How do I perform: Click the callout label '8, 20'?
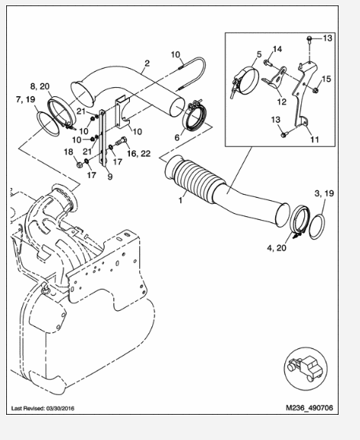click(40, 86)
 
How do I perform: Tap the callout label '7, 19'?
click(25, 99)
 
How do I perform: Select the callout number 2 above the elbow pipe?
click(148, 63)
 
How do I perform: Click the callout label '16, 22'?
click(138, 154)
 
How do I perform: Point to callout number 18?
click(68, 152)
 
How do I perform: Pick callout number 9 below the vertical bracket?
click(110, 176)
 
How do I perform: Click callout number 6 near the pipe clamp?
click(177, 137)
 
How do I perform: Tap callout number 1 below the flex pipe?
click(180, 200)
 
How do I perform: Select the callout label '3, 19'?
click(324, 193)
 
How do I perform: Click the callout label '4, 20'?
click(277, 247)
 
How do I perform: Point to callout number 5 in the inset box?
click(258, 54)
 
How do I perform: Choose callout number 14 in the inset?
click(277, 49)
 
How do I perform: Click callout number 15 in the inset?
click(326, 79)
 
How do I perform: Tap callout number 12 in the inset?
click(281, 102)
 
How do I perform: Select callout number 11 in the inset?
click(314, 139)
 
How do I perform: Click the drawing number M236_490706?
click(310, 407)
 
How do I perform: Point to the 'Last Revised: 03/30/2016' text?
click(43, 408)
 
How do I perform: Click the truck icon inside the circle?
click(305, 368)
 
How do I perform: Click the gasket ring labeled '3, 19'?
click(317, 227)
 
